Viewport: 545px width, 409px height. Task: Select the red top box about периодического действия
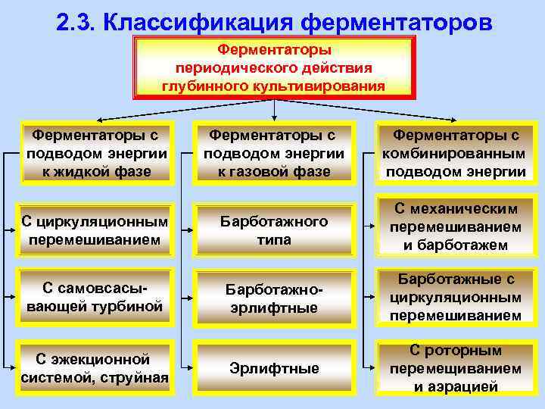click(273, 67)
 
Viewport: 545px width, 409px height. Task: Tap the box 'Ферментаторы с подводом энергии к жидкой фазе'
click(96, 153)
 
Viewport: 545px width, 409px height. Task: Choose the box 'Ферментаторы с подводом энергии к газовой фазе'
click(273, 153)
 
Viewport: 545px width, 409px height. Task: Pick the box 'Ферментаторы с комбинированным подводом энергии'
click(455, 153)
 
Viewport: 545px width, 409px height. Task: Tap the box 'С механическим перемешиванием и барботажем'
click(455, 226)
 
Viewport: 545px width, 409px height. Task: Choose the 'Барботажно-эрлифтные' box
click(273, 298)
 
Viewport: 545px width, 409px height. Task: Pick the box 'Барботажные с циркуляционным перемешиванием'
click(455, 297)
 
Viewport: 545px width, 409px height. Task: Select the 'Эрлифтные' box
click(273, 369)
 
